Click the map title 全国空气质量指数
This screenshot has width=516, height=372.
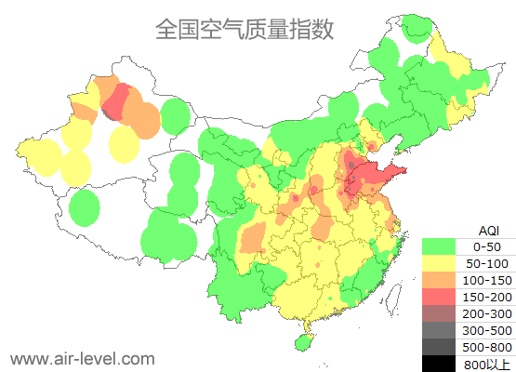(x=245, y=30)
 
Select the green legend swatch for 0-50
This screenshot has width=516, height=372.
(x=439, y=246)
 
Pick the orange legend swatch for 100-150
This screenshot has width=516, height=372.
(x=439, y=280)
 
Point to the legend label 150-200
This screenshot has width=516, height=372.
(x=486, y=296)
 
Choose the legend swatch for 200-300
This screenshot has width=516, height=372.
(x=439, y=312)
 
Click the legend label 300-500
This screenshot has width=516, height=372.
(x=486, y=329)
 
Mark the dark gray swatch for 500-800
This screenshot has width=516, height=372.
(x=439, y=346)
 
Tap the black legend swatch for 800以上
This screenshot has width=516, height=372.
(x=439, y=363)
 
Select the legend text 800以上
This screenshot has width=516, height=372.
(x=486, y=363)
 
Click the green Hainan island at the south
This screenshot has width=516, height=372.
(x=301, y=342)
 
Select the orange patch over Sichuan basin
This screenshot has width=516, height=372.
(x=252, y=241)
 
